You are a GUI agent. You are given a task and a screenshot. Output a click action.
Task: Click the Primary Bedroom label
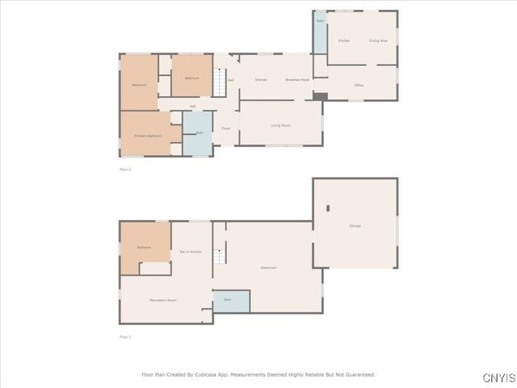148,136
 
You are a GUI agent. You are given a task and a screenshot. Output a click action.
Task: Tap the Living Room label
280,125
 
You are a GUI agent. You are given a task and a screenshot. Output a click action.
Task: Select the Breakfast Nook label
298,79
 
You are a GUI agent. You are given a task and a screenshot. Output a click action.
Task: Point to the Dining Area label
377,40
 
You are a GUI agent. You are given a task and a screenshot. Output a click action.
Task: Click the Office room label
359,85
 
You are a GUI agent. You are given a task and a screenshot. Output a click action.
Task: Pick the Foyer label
226,128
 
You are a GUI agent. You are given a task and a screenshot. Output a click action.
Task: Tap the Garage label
355,226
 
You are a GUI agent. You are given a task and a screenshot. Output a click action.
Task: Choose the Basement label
268,268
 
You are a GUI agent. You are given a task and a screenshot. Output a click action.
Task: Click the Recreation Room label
163,300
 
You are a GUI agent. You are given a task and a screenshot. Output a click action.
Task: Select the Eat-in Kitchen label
191,252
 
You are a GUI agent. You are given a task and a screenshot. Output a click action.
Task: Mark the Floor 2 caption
125,170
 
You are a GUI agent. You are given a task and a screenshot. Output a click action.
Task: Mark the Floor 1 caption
125,336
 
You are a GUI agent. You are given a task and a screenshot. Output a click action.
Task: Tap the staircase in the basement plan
219,258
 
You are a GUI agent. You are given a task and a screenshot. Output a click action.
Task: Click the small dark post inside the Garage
328,209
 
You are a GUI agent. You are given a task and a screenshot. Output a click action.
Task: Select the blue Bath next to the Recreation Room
231,301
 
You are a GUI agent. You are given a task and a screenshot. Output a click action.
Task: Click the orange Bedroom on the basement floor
145,245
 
